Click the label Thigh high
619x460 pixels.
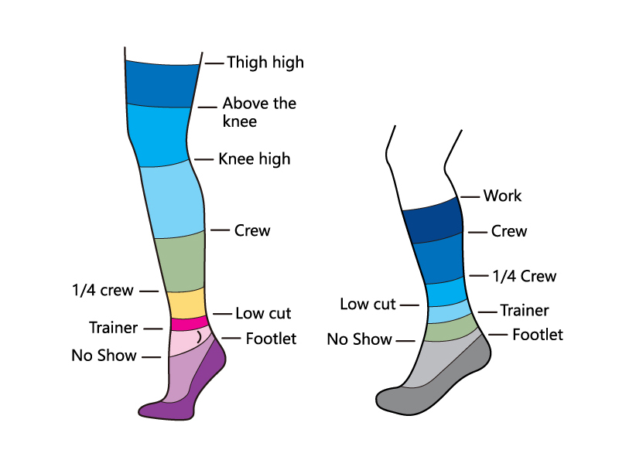(265, 63)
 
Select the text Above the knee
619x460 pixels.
(258, 112)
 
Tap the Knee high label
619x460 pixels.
(255, 159)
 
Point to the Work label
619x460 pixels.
(502, 196)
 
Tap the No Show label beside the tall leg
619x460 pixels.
(104, 356)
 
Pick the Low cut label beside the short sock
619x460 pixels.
(368, 304)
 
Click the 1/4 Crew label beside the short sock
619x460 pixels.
(524, 276)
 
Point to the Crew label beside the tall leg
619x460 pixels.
(252, 230)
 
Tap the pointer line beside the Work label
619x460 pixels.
(469, 196)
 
